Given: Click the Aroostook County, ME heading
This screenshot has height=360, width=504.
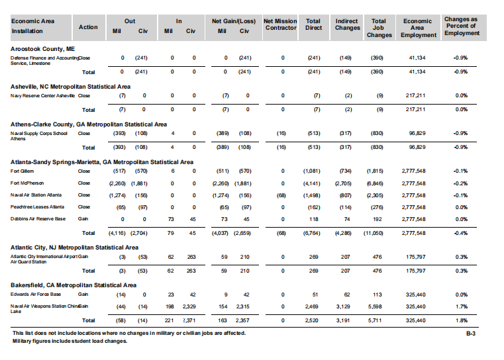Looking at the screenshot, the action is (x=42, y=49).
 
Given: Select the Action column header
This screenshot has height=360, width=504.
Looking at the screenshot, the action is (x=88, y=27).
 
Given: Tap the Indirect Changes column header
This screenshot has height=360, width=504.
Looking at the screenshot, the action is (x=347, y=24).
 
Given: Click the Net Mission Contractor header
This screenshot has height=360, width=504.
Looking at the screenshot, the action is (x=280, y=24).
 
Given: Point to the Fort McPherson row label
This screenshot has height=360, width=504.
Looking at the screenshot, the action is (x=27, y=183).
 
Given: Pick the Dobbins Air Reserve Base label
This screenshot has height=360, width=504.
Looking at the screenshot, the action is (x=38, y=218).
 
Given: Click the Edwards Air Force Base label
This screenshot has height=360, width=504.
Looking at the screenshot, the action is (x=35, y=294).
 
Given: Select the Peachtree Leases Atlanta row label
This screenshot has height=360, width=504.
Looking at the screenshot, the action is (x=37, y=207).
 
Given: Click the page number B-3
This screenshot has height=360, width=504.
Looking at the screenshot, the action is (x=471, y=334).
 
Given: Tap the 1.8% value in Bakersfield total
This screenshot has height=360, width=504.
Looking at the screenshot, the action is (x=461, y=320).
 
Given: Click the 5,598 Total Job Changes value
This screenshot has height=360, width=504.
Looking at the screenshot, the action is (x=375, y=306).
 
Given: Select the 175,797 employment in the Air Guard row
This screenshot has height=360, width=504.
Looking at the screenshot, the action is (x=415, y=257).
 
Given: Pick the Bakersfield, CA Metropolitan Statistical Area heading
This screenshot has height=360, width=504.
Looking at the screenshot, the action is (x=74, y=285).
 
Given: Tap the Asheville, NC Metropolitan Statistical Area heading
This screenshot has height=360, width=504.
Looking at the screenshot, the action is (x=70, y=87).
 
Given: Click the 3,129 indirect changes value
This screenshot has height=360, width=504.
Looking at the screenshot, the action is (x=343, y=306).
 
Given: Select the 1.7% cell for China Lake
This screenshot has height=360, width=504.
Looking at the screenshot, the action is (x=461, y=306).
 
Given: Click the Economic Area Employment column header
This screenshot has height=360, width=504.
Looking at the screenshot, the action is (x=418, y=28).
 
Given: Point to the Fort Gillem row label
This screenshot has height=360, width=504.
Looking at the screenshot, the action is (x=22, y=171).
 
